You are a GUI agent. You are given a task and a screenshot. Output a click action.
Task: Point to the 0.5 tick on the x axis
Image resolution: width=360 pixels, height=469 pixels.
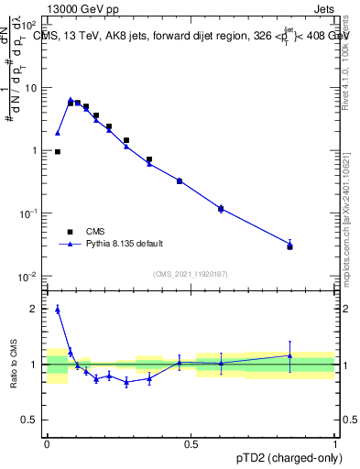[191, 442]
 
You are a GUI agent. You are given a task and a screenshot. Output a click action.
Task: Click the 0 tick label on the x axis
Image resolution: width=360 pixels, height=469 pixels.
[47, 442]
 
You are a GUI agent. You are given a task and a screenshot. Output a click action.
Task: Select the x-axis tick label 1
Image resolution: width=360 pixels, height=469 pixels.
[334, 442]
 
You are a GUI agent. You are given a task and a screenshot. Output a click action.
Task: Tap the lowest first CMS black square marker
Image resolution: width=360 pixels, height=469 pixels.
[58, 152]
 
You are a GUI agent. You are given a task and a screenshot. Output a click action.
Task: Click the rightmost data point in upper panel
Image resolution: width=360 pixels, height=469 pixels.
[289, 245]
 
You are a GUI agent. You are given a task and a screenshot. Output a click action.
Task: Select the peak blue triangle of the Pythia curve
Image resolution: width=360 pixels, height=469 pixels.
[71, 100]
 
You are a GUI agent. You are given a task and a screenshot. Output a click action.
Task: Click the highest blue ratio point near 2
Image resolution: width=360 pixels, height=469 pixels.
[58, 310]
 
